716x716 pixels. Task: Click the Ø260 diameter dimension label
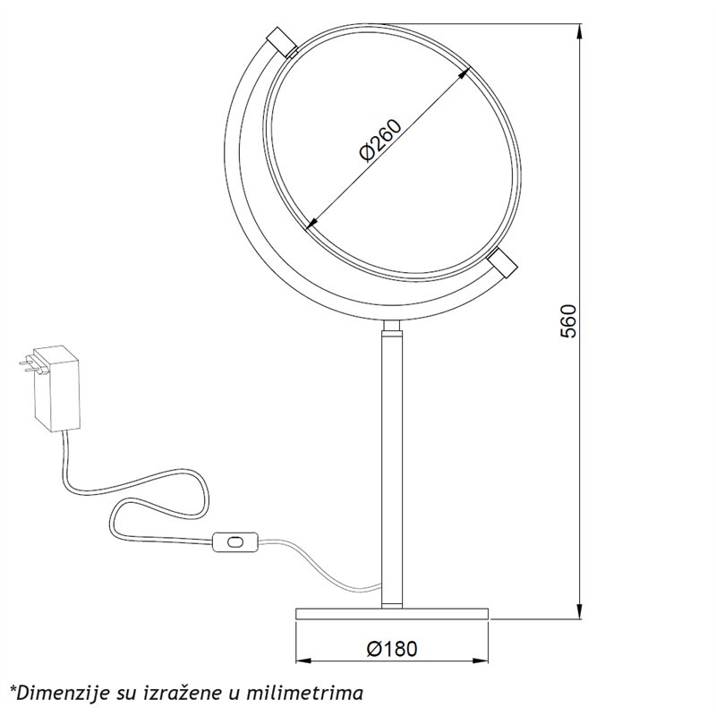(x=379, y=141)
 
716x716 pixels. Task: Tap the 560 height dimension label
(x=568, y=320)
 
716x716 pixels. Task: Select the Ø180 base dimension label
(x=392, y=648)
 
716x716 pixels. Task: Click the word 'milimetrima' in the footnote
(x=304, y=693)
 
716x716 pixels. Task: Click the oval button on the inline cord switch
(x=235, y=542)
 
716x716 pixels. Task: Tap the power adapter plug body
(x=56, y=388)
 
